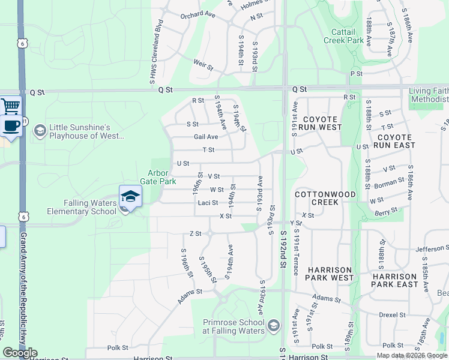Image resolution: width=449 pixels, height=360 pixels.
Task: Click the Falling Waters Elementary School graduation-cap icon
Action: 130,196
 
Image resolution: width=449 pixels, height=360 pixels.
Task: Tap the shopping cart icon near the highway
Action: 10,106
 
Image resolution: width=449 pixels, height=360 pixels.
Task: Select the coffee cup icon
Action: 11,126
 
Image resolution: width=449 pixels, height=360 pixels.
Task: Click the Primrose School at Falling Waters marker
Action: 274,326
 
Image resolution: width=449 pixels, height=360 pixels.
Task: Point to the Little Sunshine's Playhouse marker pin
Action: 40,130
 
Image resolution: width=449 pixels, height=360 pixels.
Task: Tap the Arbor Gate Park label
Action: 154,176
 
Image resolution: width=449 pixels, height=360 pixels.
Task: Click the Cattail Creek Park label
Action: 344,36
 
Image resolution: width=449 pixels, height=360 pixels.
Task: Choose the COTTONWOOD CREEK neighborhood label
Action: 325,198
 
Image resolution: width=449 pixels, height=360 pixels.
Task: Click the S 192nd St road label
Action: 283,258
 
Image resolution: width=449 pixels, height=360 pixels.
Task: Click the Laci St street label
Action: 208,203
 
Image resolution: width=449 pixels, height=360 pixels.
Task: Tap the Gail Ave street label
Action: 206,137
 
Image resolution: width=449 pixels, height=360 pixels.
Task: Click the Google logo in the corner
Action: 20,353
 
